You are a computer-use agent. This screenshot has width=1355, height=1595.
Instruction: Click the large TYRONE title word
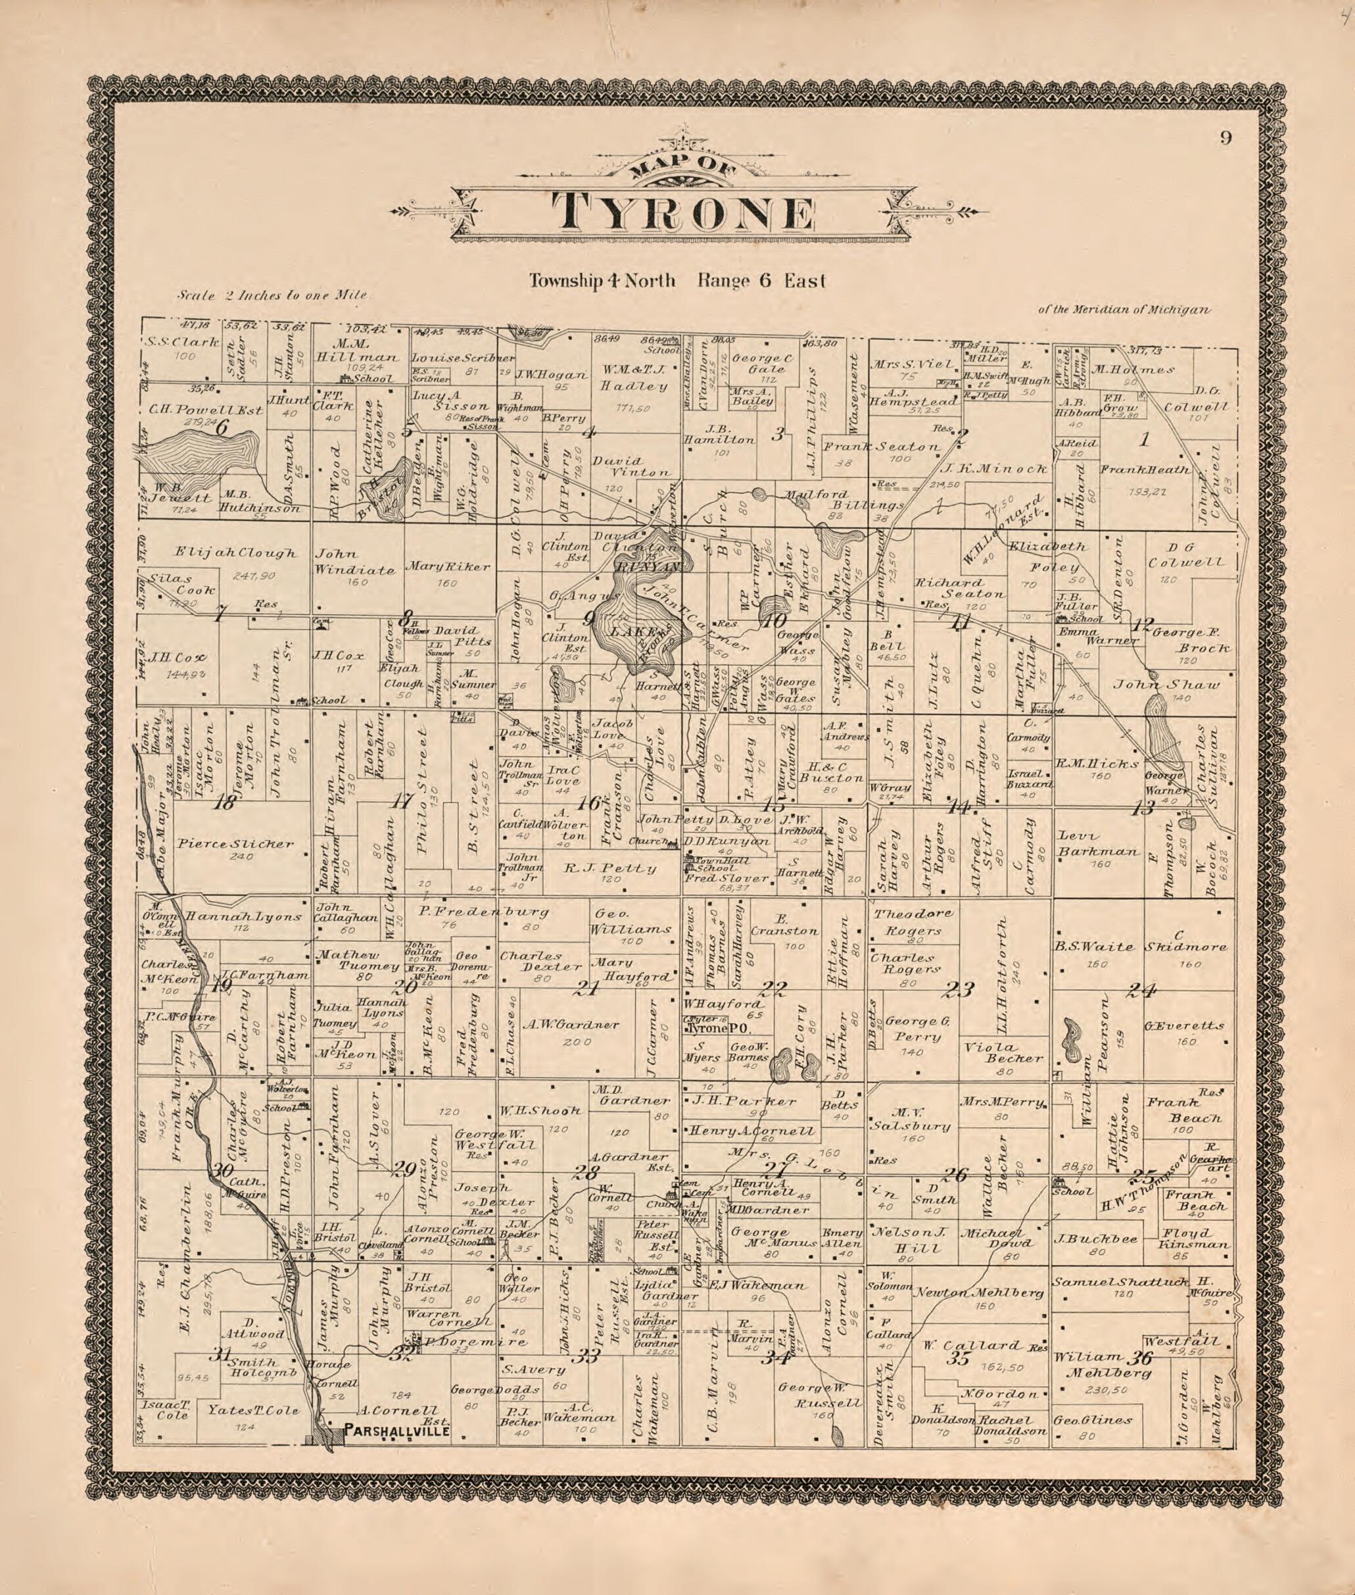683,213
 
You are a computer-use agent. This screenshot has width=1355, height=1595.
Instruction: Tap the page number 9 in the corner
1225,138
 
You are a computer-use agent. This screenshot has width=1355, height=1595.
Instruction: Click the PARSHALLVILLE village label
396,1430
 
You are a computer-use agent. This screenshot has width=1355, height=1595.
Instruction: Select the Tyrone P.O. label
709,1028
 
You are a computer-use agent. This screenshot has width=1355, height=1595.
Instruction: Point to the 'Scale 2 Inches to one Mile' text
273,294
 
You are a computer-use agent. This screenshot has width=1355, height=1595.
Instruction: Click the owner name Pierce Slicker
235,844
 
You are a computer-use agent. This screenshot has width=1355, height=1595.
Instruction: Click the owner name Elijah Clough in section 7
235,552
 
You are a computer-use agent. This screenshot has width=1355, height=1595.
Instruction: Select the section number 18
224,804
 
